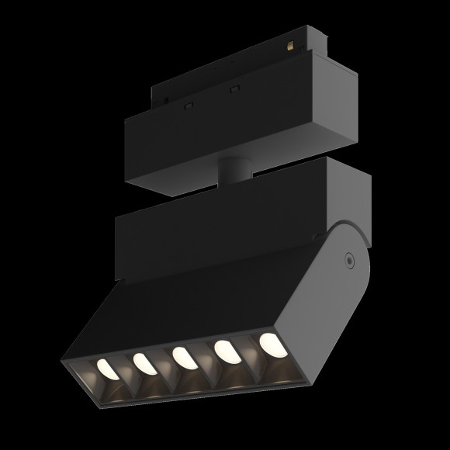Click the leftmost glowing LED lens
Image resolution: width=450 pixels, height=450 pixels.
106,367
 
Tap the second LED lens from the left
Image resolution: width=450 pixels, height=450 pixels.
141,362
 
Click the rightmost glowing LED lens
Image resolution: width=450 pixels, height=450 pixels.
271,342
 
